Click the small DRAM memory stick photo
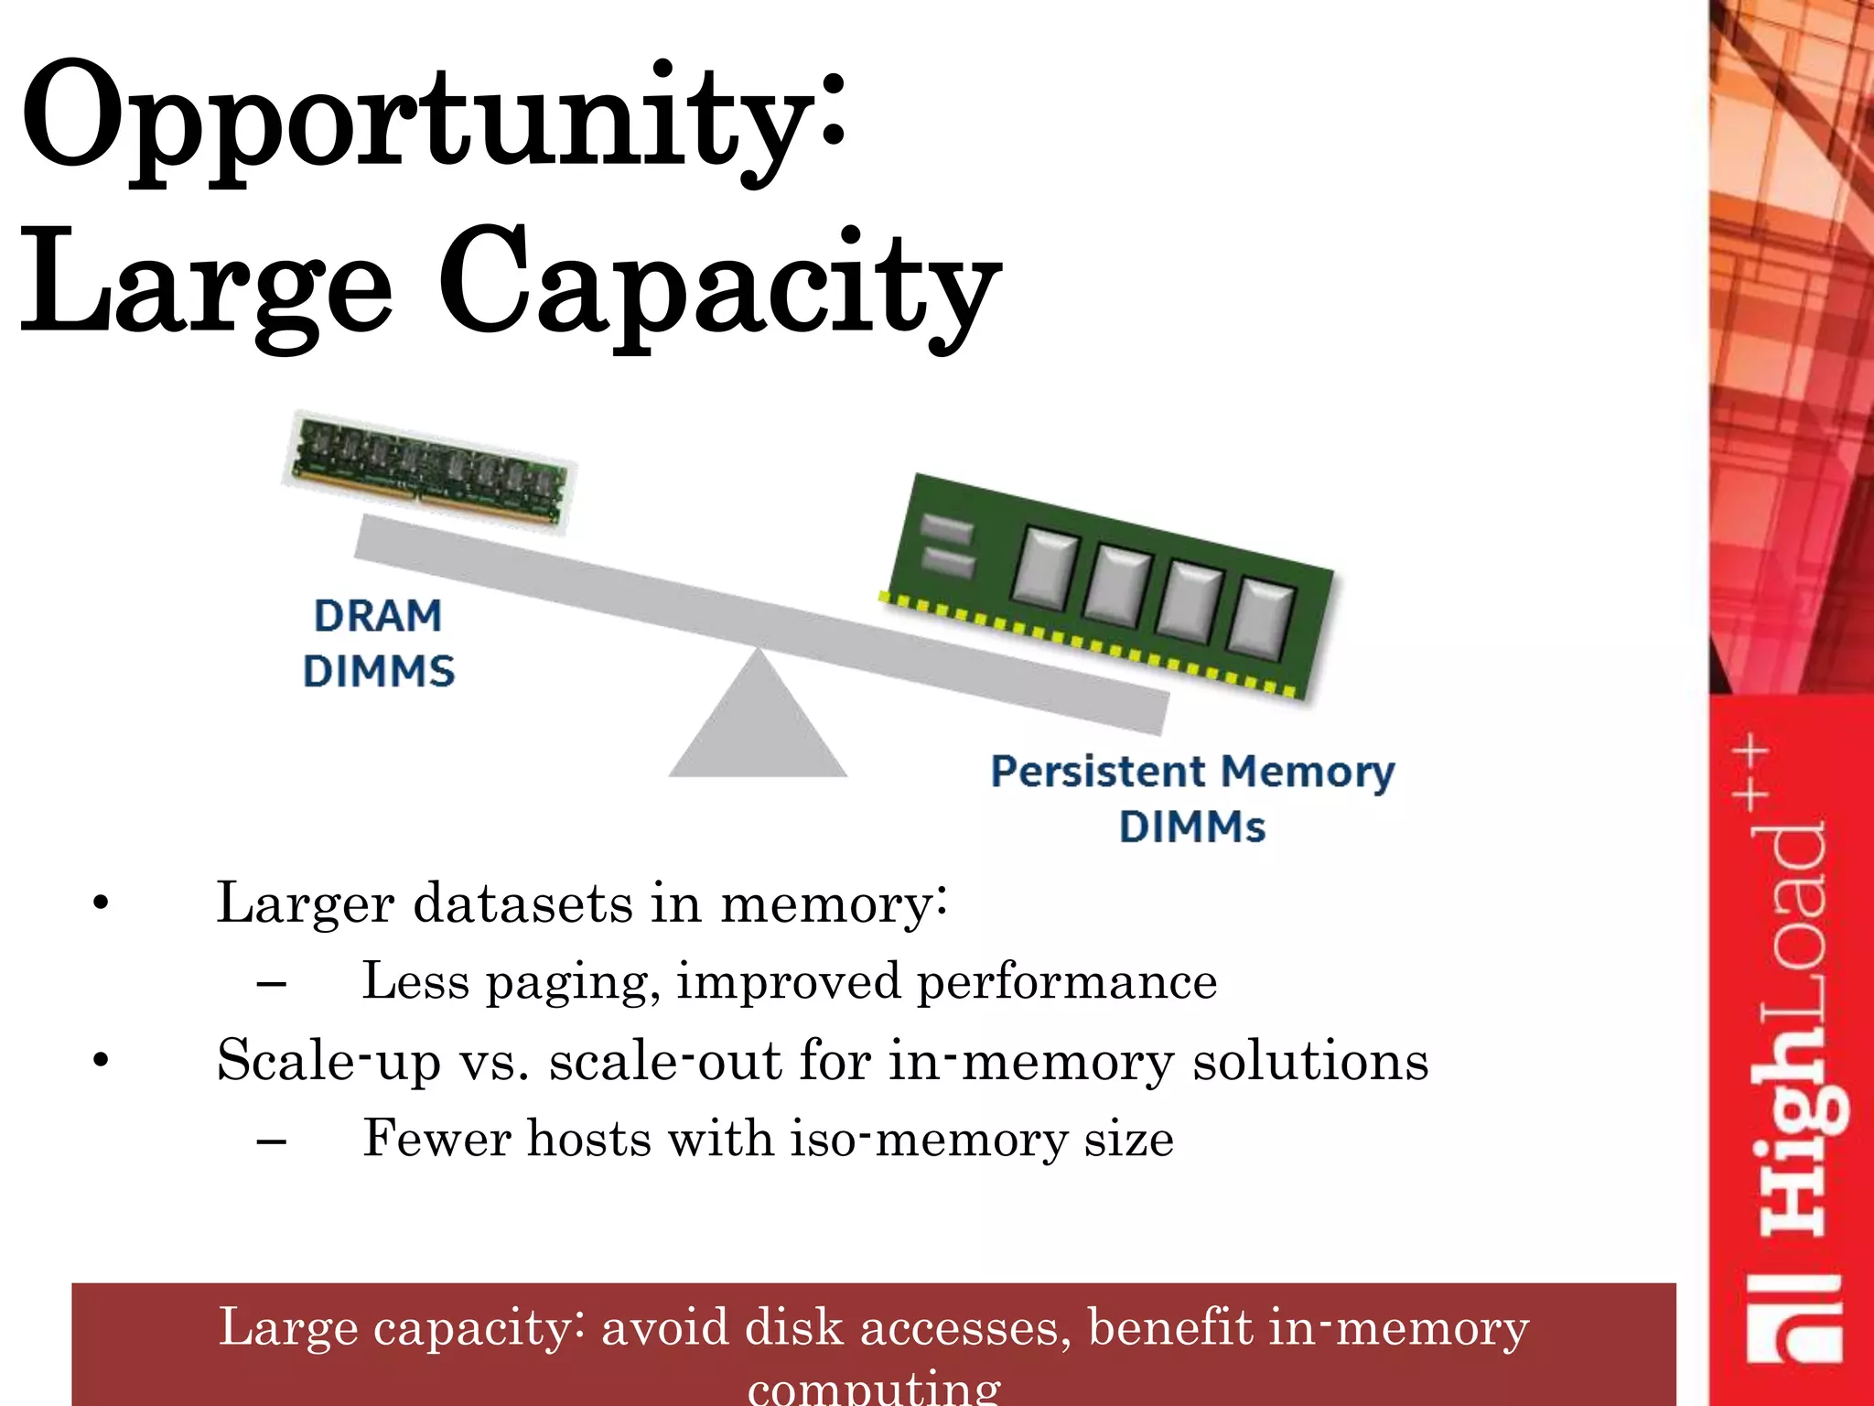point(429,471)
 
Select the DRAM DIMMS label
point(378,644)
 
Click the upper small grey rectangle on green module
point(947,529)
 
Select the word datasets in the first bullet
point(522,903)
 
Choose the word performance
point(1067,981)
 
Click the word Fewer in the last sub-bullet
point(436,1139)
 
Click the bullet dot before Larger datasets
point(101,904)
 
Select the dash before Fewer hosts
point(272,1141)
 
